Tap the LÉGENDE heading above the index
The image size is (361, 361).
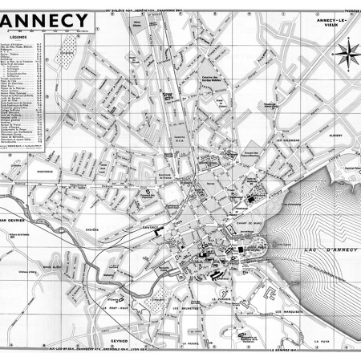click(x=17, y=36)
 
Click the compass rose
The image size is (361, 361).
click(x=347, y=54)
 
